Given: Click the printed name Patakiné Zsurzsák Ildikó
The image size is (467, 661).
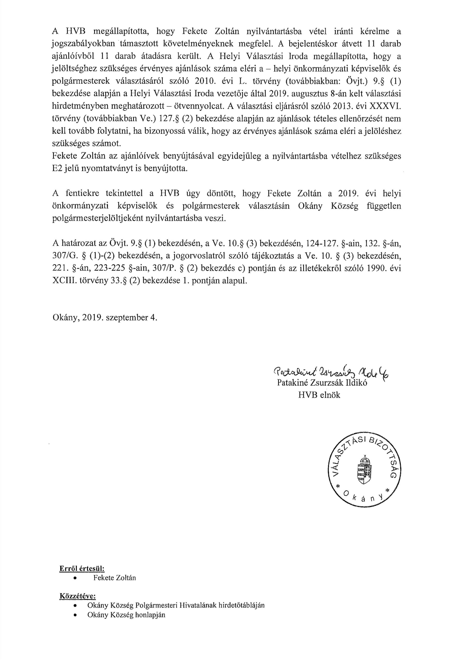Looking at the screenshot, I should [322, 383].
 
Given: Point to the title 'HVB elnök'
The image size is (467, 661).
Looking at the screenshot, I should [319, 395].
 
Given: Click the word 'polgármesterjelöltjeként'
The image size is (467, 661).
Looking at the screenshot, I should [98, 218].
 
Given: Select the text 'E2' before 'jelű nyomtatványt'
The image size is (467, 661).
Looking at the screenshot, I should [57, 168].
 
